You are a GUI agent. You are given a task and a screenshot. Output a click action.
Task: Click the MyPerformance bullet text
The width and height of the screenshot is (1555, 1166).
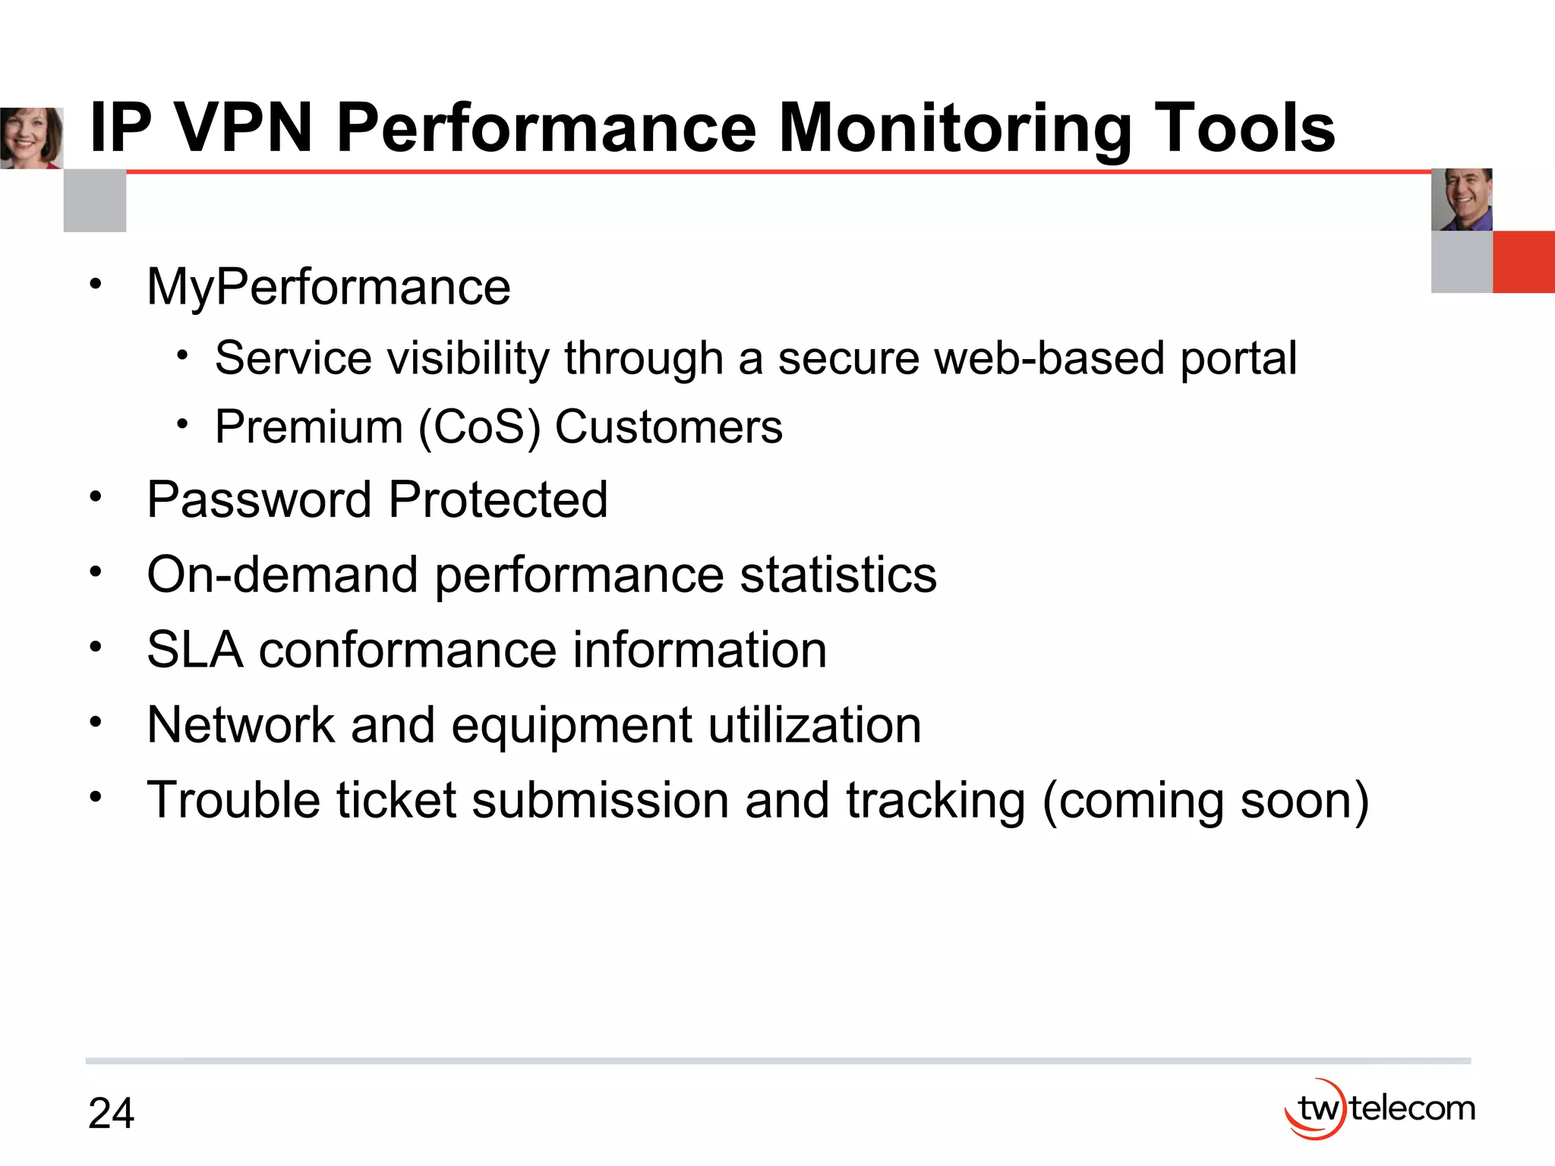tap(328, 288)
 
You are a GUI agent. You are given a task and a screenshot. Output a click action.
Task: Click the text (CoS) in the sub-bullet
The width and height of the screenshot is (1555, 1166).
tap(479, 427)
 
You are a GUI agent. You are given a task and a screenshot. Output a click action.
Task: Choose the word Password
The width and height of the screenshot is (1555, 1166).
tap(259, 499)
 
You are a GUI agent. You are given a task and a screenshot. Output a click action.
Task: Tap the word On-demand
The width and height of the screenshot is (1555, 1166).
tap(282, 575)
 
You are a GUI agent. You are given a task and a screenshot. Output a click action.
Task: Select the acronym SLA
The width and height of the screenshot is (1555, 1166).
tap(194, 650)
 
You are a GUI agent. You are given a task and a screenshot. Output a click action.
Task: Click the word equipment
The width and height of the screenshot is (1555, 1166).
tap(571, 726)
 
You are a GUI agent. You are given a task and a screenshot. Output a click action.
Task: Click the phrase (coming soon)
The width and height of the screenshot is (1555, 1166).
tap(1206, 802)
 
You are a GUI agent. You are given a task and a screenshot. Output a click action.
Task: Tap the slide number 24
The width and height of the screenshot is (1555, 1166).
tap(111, 1114)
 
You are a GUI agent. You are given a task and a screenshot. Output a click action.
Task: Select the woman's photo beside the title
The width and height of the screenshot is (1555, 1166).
tap(31, 138)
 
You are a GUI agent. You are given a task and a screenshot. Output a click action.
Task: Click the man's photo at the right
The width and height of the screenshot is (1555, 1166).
tap(1462, 200)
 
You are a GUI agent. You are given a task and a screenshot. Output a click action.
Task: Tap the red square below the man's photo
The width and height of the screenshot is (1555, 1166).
tap(1524, 262)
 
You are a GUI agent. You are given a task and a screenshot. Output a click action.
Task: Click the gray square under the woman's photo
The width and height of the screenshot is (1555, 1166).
tap(95, 201)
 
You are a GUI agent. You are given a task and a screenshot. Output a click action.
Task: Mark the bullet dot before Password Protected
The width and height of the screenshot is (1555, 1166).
tap(95, 498)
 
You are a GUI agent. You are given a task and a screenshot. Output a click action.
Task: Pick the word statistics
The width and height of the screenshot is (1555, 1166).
tap(838, 575)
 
